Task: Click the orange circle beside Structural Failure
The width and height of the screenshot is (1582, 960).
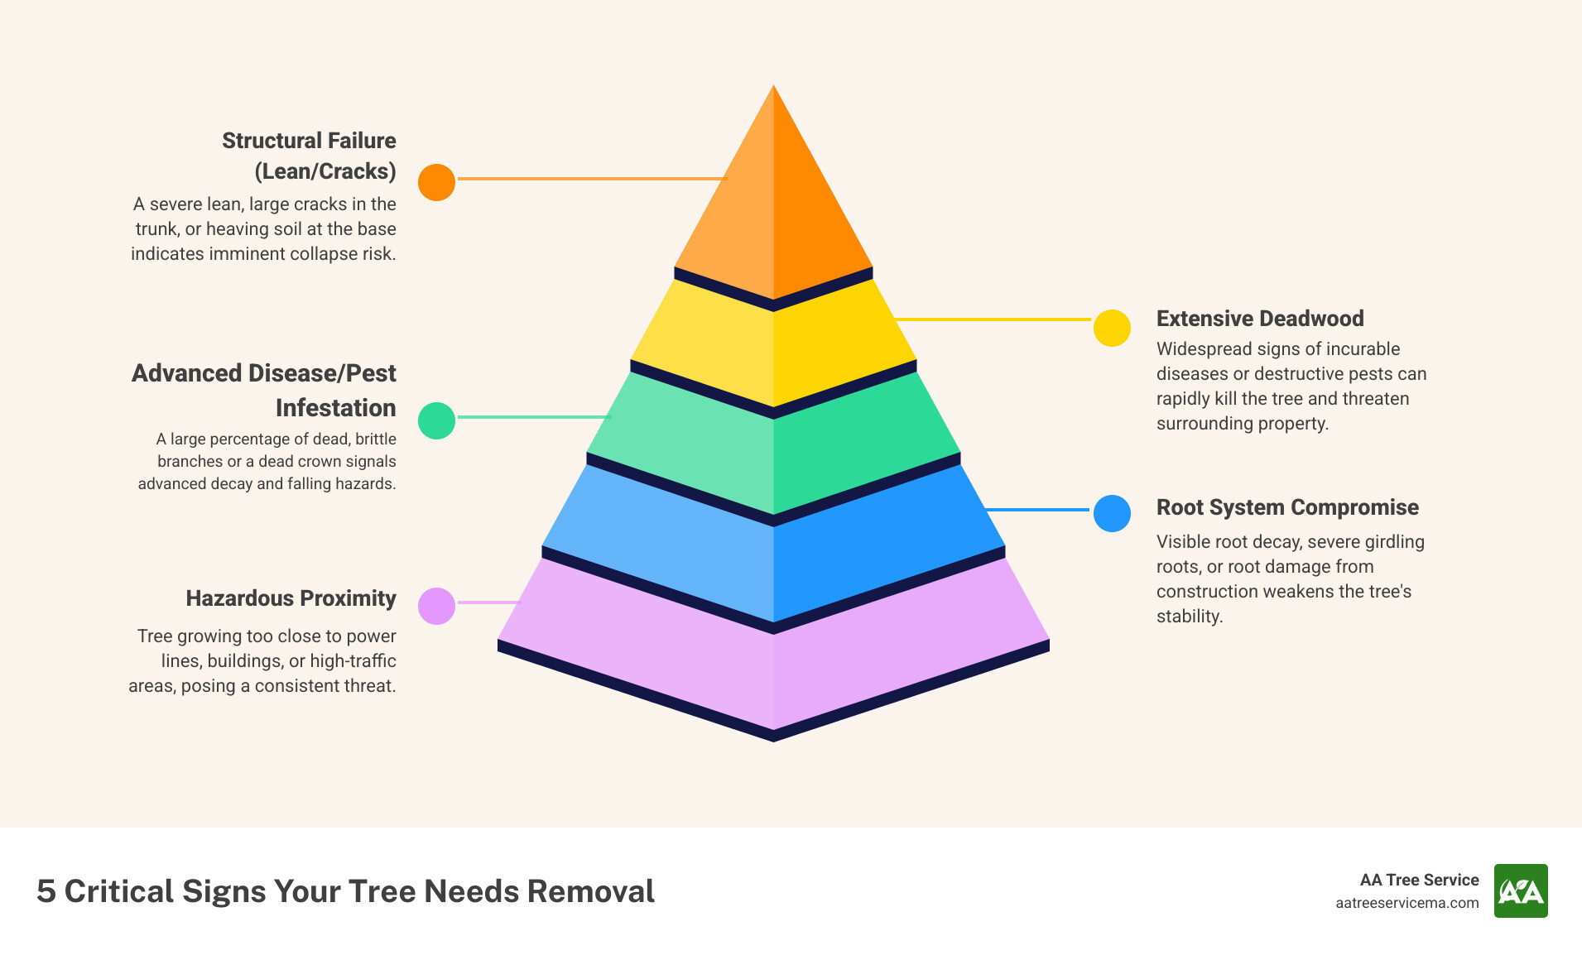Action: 436,182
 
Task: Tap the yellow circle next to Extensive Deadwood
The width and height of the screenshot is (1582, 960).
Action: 1112,329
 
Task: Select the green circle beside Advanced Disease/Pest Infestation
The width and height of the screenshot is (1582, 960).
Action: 436,420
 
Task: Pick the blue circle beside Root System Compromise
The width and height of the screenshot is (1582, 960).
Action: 1112,513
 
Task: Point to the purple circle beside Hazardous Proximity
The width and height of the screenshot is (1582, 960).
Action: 436,606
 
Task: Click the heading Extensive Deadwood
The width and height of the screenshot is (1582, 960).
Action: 1259,319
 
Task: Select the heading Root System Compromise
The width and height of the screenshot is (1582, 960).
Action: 1286,507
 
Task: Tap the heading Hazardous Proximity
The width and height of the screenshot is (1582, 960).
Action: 291,598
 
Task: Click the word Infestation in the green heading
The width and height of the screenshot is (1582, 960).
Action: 335,408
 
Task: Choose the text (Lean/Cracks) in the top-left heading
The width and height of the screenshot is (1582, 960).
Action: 325,171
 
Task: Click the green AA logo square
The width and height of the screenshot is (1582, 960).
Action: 1520,890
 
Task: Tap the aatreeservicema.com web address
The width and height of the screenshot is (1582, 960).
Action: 1406,903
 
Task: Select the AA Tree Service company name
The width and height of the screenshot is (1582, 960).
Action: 1419,880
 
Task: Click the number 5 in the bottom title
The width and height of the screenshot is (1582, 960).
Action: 46,891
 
